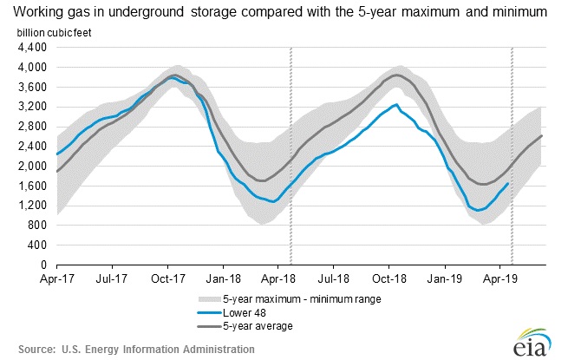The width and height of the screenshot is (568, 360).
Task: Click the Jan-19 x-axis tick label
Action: pyautogui.click(x=445, y=280)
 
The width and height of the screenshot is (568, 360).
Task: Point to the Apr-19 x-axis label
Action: pyautogui.click(x=500, y=280)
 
